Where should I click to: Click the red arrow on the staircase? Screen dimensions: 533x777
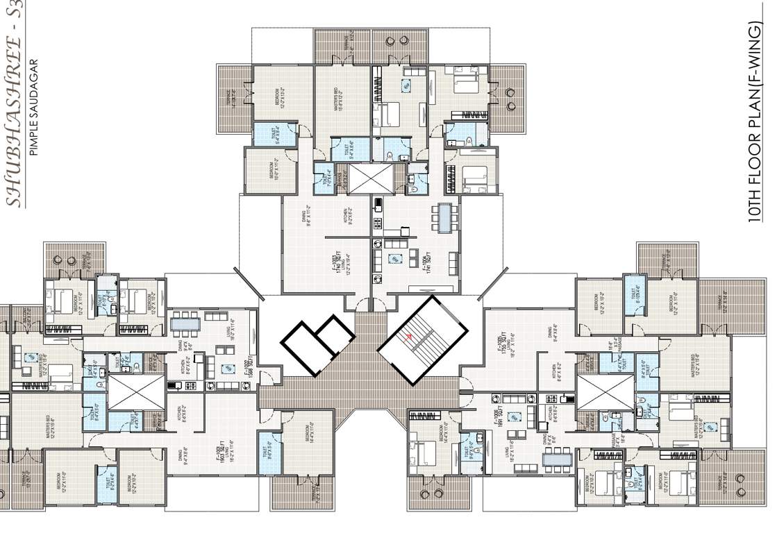pos(410,336)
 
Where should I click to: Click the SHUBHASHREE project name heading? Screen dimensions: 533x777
pos(14,104)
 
